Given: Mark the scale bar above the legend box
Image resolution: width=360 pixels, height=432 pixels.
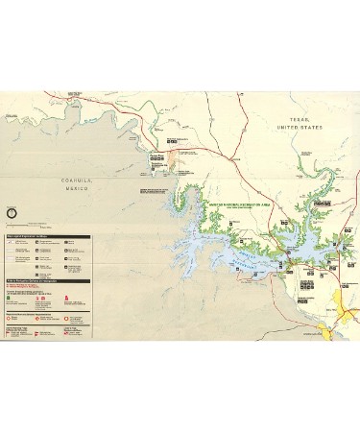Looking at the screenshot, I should click(x=38, y=228).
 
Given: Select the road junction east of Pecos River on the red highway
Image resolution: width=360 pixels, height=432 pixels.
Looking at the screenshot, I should click(x=192, y=151).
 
